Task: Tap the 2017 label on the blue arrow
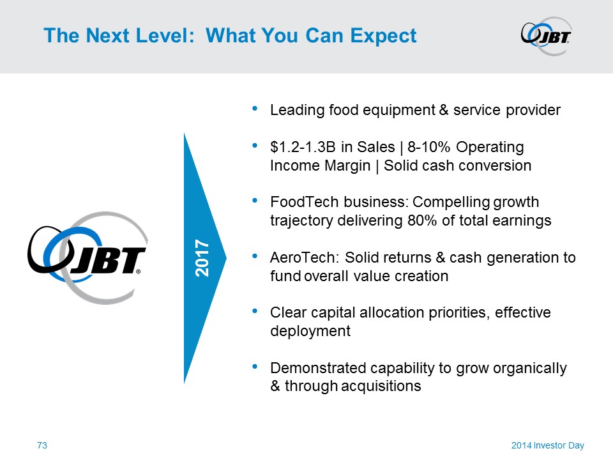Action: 202,258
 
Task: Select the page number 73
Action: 42,445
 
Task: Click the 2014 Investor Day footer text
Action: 548,445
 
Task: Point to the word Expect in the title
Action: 383,36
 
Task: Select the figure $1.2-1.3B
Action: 303,147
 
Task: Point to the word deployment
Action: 310,332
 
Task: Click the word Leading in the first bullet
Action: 298,111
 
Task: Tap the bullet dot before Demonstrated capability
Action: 255,367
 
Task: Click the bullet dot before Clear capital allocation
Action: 255,311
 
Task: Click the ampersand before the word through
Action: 275,386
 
